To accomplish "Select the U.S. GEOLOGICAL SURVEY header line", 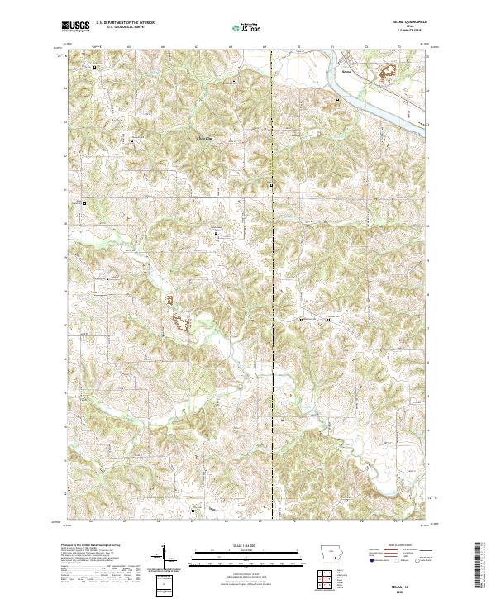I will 124,30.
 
